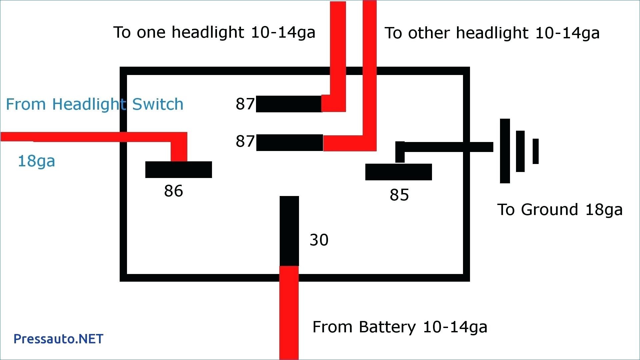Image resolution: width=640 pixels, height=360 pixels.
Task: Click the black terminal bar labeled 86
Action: [x=179, y=170]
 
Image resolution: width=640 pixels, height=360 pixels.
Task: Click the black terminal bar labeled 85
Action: [x=399, y=172]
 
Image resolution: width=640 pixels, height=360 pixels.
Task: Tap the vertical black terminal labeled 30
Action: [x=289, y=231]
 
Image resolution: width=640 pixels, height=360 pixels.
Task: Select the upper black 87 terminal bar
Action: [x=289, y=104]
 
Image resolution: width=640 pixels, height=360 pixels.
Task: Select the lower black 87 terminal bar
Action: [x=290, y=143]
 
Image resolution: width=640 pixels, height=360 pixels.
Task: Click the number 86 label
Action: [x=173, y=191]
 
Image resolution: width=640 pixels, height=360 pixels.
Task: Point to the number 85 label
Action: [x=399, y=195]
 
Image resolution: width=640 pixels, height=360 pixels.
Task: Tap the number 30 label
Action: [x=319, y=240]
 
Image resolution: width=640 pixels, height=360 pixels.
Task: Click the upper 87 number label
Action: [x=245, y=104]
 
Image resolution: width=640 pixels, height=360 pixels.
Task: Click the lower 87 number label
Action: [x=245, y=141]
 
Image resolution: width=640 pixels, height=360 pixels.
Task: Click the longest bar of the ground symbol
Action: [x=505, y=151]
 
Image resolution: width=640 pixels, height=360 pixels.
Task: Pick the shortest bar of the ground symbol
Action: [x=536, y=151]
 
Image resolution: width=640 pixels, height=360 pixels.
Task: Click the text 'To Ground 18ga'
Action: [x=560, y=210]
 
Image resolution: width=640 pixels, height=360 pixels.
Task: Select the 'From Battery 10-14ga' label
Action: [x=400, y=327]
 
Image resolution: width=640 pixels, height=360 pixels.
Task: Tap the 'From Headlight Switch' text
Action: [x=95, y=105]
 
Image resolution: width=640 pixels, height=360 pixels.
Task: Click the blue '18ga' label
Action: [x=36, y=161]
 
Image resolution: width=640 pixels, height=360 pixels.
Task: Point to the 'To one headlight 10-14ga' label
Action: [x=214, y=33]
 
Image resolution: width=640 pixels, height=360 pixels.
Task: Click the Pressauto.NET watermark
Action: [x=58, y=339]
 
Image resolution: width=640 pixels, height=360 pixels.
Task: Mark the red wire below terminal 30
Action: [x=289, y=313]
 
